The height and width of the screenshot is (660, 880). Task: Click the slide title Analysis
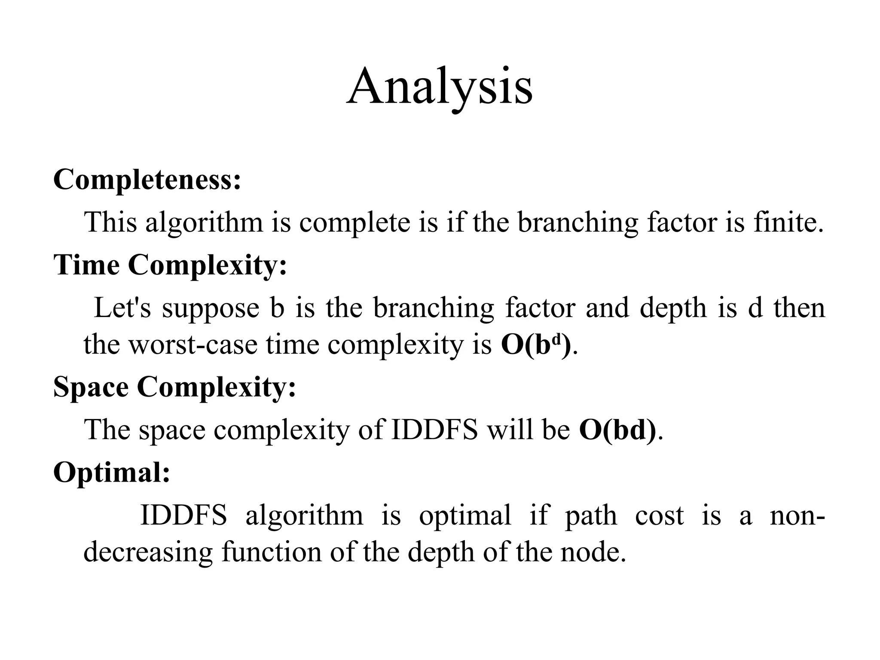[x=440, y=88]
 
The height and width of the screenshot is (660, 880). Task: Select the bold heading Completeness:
[x=147, y=179]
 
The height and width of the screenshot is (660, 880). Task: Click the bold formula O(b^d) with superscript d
[x=536, y=344]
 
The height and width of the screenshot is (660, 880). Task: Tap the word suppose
[x=211, y=309]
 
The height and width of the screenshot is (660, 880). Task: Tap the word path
[x=591, y=516]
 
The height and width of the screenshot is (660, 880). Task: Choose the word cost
[x=659, y=516]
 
